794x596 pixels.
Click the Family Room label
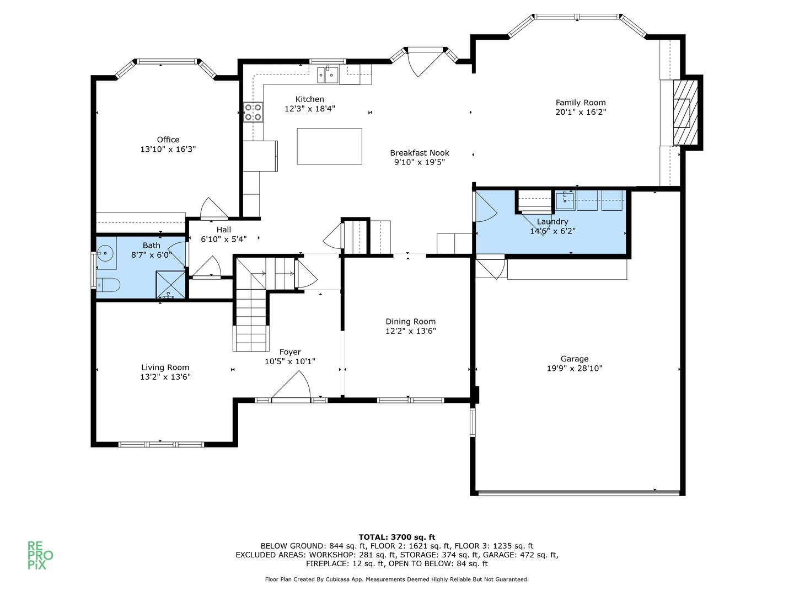[x=580, y=103]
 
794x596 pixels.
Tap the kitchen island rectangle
[x=329, y=146]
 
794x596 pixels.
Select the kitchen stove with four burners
[x=253, y=112]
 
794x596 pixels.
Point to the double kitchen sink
[x=328, y=75]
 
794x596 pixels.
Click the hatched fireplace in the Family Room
[x=685, y=113]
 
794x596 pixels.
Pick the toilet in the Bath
[x=108, y=285]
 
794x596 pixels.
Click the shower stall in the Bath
[x=170, y=284]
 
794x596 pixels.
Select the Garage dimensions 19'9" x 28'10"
[x=575, y=369]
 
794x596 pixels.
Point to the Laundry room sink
[x=564, y=201]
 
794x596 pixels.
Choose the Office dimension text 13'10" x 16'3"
[x=168, y=149]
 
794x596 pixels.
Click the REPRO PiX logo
[x=40, y=555]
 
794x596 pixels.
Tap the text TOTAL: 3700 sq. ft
[x=397, y=537]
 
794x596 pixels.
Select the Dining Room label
[x=411, y=321]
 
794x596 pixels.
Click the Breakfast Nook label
[x=420, y=153]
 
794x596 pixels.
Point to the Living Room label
[x=165, y=368]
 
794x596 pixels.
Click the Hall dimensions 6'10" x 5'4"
[x=224, y=239]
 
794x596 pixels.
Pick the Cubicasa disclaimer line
[x=397, y=579]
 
